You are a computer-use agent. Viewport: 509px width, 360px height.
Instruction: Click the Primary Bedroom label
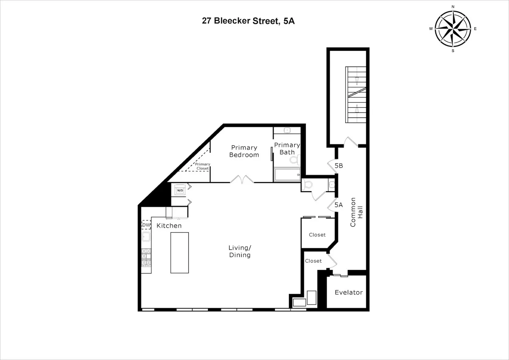coord(243,151)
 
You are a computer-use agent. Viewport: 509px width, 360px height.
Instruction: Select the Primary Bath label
coord(287,148)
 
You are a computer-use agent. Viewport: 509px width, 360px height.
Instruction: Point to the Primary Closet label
coord(202,166)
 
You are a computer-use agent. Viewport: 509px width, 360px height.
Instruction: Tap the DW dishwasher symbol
coord(146,225)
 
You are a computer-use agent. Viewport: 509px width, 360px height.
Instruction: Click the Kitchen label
coord(169,225)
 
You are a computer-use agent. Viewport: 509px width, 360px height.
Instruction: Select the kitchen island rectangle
coord(179,253)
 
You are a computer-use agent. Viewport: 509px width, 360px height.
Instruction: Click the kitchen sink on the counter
coord(146,237)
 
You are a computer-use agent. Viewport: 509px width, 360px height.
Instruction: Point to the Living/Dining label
coord(239,251)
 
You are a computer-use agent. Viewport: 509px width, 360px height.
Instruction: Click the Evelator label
coord(349,292)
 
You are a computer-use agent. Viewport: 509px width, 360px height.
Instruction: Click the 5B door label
coord(338,166)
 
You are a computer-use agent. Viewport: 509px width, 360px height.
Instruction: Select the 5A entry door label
coord(338,205)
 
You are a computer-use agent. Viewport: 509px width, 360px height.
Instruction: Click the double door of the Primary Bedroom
coord(242,180)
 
